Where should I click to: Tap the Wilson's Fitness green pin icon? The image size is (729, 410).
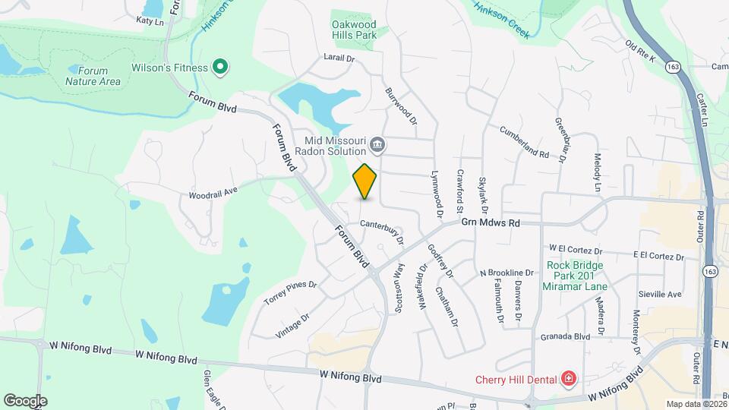tap(220, 68)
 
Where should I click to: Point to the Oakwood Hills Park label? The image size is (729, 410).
tap(355, 30)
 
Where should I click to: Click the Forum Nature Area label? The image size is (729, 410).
tap(93, 76)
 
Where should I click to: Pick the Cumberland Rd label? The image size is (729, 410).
tap(524, 142)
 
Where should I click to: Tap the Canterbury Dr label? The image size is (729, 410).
tap(382, 229)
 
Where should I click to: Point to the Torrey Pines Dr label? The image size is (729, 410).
tap(289, 292)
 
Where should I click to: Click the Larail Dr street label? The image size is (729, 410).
tap(339, 57)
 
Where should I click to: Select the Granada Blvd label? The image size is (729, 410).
tap(566, 336)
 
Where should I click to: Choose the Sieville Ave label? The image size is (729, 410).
tap(661, 294)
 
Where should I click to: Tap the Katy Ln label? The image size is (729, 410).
tap(150, 21)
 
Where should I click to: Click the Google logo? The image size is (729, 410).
tap(25, 400)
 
